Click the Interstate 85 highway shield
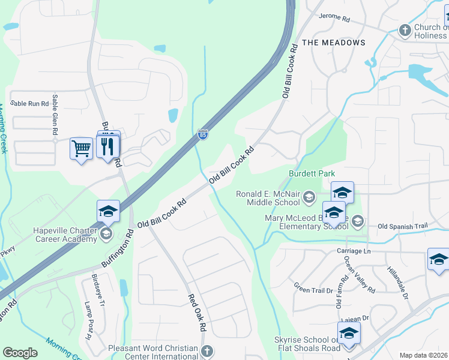[203, 135]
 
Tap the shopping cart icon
[81, 147]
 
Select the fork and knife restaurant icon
[108, 146]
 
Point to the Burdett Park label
[312, 173]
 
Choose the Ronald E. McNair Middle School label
[268, 199]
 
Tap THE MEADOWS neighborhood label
[334, 43]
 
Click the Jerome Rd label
[334, 18]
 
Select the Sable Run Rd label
[29, 104]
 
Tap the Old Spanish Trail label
[402, 226]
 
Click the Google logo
[20, 353]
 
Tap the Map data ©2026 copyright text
[424, 355]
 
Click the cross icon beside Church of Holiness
[405, 29]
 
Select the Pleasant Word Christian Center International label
[152, 352]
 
